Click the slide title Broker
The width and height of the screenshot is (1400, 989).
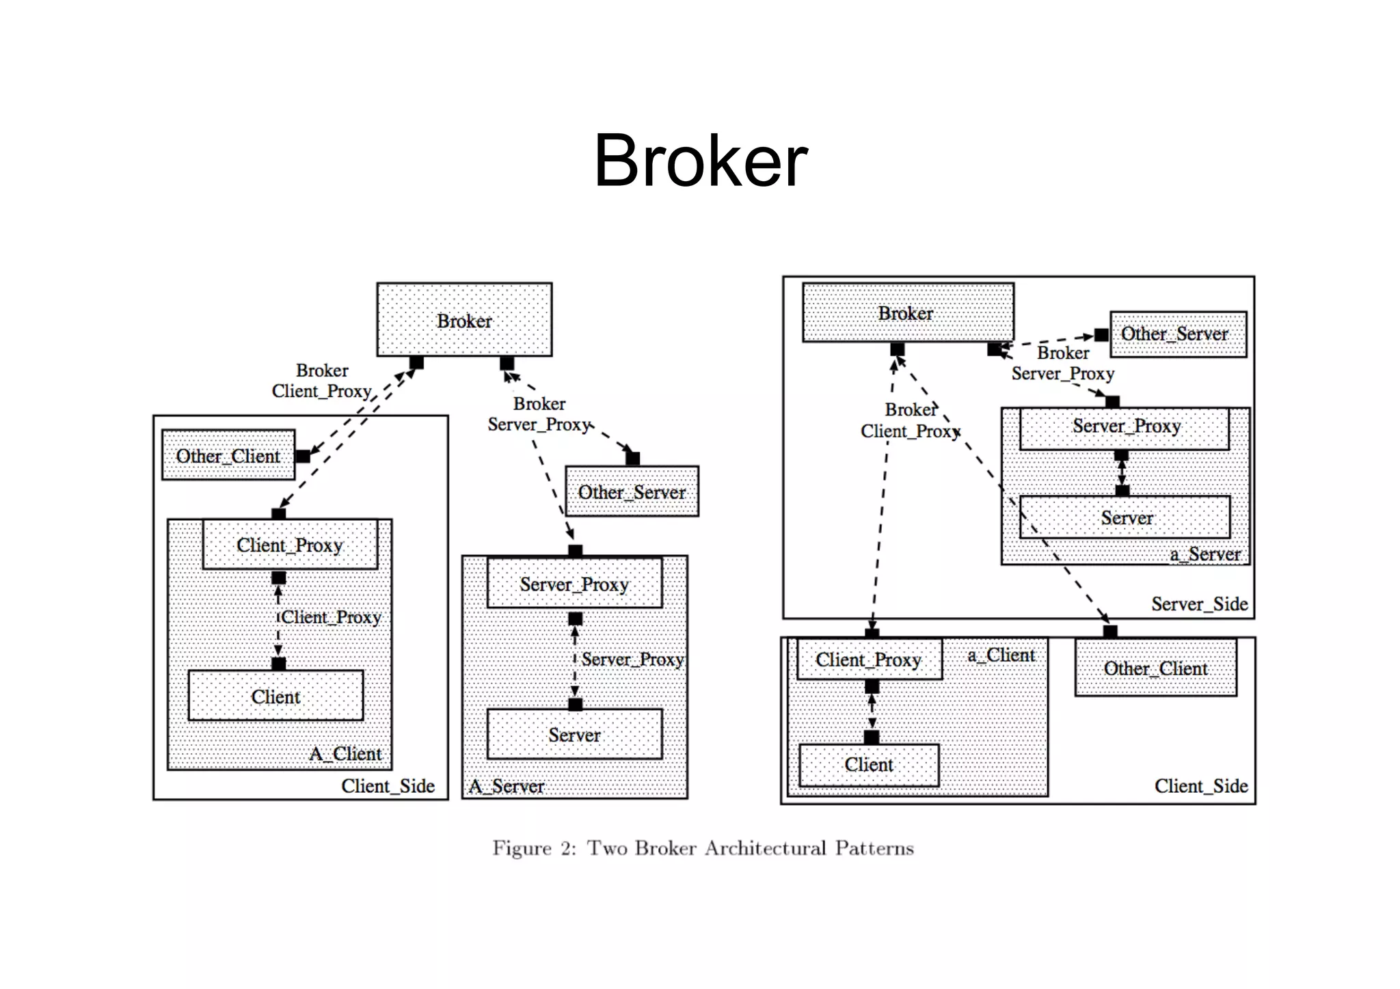click(x=701, y=161)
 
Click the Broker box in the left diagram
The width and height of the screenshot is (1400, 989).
click(x=464, y=320)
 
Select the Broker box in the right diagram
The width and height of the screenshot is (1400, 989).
click(x=907, y=313)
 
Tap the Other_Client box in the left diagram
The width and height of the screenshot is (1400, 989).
click(x=228, y=455)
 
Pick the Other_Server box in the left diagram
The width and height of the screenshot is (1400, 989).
click(x=632, y=491)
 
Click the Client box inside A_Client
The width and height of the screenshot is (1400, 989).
click(x=275, y=696)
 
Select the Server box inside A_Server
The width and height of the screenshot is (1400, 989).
click(x=574, y=734)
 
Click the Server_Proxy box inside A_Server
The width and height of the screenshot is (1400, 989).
click(x=574, y=584)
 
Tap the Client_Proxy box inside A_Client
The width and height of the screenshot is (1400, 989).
click(x=290, y=545)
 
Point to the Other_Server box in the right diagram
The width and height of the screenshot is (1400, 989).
click(x=1177, y=334)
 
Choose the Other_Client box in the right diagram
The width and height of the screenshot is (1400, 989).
click(x=1155, y=668)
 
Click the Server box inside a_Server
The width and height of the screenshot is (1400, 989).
click(x=1126, y=517)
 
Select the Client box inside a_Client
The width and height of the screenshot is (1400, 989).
click(x=869, y=764)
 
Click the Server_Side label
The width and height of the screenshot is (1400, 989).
click(x=1199, y=604)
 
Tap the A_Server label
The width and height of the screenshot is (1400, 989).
click(x=507, y=787)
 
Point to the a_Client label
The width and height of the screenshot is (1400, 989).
click(x=1001, y=655)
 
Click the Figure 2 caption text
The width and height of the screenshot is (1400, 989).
click(x=703, y=848)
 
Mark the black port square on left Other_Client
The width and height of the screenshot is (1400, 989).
click(x=302, y=456)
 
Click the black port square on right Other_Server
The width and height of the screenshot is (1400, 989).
click(x=1101, y=335)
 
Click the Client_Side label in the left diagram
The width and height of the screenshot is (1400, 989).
click(x=388, y=786)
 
